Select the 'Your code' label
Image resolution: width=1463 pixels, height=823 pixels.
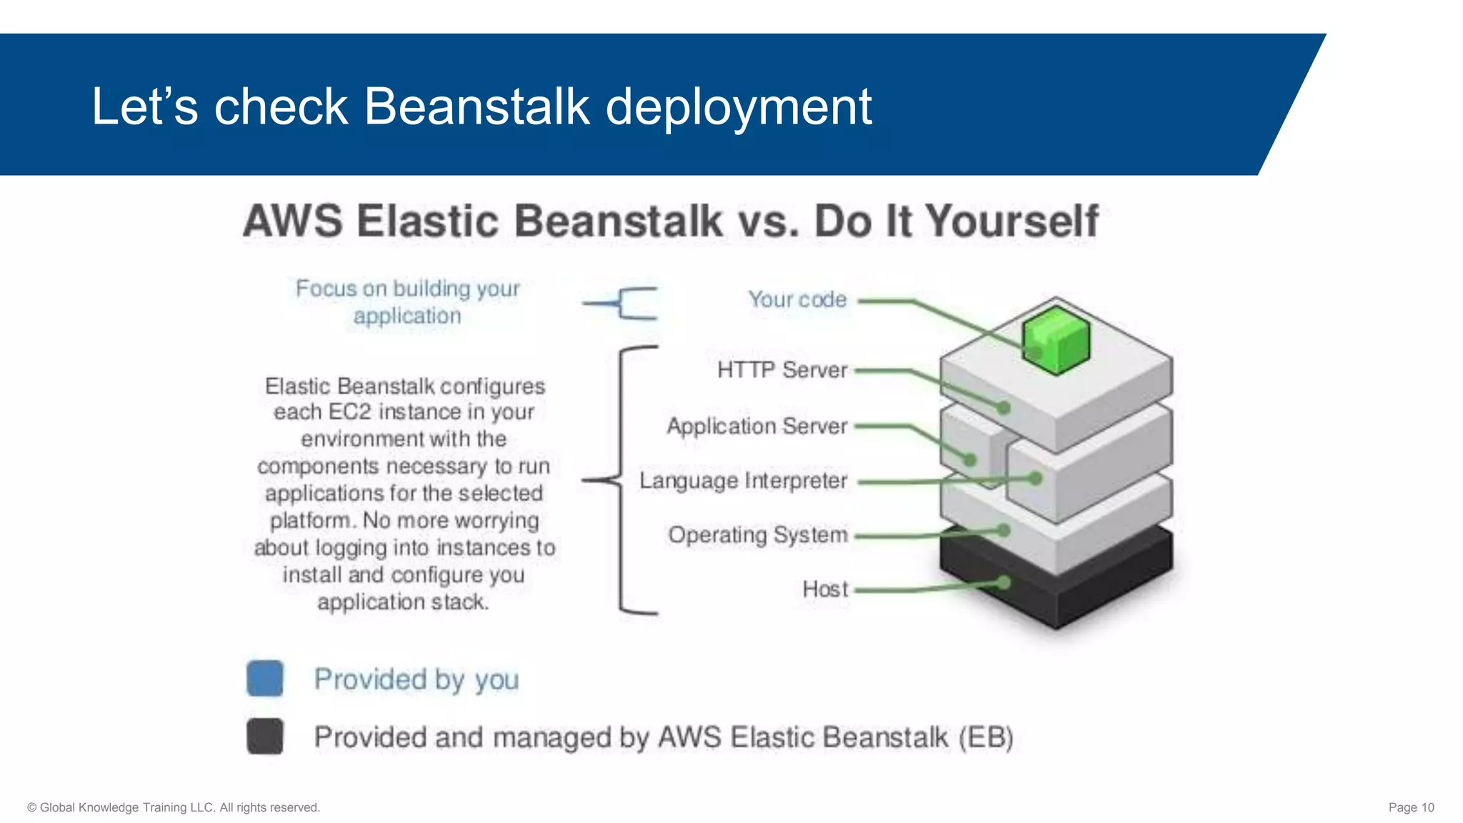coord(797,299)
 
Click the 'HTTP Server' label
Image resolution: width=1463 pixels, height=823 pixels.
coord(782,370)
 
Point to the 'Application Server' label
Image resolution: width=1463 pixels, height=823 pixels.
coord(757,426)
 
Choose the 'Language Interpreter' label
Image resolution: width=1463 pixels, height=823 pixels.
coord(743,481)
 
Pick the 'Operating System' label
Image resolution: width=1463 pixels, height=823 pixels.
coord(758,535)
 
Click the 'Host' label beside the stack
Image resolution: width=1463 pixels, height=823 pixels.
coord(825,589)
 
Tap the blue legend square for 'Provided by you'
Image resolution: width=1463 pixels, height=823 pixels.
coord(265,678)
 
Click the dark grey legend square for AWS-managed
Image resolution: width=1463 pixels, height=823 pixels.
coord(265,736)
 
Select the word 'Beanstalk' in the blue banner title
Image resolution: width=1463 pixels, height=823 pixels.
coord(476,107)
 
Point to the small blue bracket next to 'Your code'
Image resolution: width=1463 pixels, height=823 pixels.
coord(629,304)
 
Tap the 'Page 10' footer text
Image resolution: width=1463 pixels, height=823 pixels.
coord(1411,807)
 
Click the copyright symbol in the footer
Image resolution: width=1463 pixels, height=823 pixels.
coord(31,807)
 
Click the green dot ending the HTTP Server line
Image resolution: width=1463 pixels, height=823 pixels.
coord(1004,407)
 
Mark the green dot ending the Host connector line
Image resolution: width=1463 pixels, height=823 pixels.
coord(1004,583)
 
